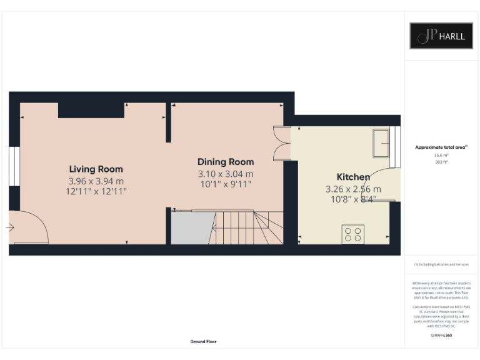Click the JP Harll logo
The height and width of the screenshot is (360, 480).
[441, 36]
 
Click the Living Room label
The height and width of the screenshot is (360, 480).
[96, 169]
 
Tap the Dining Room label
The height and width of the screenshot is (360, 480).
[226, 161]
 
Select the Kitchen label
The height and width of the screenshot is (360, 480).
[353, 177]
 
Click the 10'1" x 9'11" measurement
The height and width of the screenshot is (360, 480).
[226, 185]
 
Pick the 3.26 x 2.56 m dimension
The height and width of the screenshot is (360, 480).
[353, 189]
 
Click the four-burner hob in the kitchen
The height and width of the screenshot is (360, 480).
[352, 234]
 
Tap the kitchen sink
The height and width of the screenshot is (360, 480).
[381, 143]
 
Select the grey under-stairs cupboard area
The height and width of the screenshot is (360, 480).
[190, 228]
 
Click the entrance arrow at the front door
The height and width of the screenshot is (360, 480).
[10, 228]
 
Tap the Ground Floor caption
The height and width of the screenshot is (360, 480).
[203, 342]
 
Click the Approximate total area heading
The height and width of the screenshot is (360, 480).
[441, 147]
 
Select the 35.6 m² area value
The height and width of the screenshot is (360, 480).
[441, 155]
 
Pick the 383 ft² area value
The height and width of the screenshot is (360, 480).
[441, 161]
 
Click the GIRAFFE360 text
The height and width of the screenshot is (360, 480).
[441, 336]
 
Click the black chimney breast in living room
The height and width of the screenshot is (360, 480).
[90, 110]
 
